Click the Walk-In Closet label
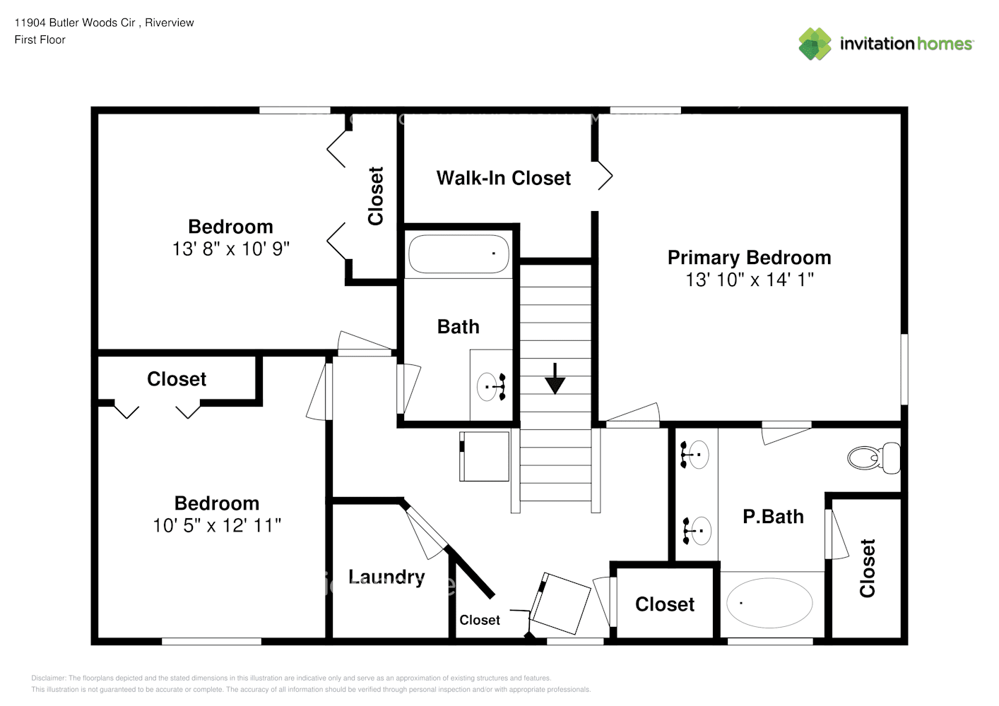pyautogui.click(x=503, y=178)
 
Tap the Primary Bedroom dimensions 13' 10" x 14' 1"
pyautogui.click(x=749, y=280)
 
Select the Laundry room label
pyautogui.click(x=386, y=577)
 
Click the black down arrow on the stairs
pyautogui.click(x=555, y=379)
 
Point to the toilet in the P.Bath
pyautogui.click(x=874, y=458)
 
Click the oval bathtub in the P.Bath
pyautogui.click(x=769, y=603)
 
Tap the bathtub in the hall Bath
pyautogui.click(x=459, y=254)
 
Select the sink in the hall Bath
pyautogui.click(x=491, y=386)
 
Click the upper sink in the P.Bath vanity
pyautogui.click(x=696, y=454)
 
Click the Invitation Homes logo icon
pyautogui.click(x=815, y=44)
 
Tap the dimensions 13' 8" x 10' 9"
pyautogui.click(x=231, y=249)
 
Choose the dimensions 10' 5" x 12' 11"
pyautogui.click(x=217, y=525)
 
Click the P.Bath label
pyautogui.click(x=773, y=517)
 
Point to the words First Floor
pyautogui.click(x=40, y=40)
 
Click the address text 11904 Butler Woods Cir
pyautogui.click(x=75, y=23)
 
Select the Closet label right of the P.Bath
pyautogui.click(x=868, y=568)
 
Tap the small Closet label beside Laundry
pyautogui.click(x=479, y=620)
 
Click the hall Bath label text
pyautogui.click(x=458, y=327)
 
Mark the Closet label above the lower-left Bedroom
pyautogui.click(x=177, y=379)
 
